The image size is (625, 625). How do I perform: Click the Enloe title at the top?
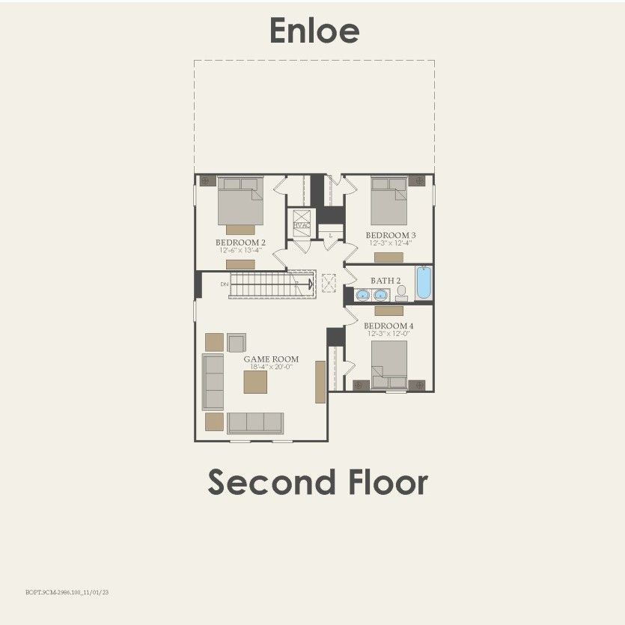click(x=314, y=31)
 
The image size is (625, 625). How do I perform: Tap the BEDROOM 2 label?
click(x=240, y=243)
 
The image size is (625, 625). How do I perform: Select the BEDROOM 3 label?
click(x=391, y=235)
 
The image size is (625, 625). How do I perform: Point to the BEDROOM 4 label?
click(x=388, y=326)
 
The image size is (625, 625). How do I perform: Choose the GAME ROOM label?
click(x=267, y=359)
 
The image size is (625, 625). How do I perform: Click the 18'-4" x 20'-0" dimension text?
click(x=267, y=368)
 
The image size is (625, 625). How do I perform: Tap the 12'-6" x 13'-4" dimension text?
click(x=240, y=251)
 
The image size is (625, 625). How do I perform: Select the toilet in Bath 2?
click(x=402, y=293)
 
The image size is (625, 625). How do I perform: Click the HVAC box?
click(x=302, y=225)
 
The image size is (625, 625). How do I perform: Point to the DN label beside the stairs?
click(x=224, y=284)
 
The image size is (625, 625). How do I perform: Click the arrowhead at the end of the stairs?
click(x=310, y=284)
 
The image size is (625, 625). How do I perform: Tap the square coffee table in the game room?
click(x=254, y=382)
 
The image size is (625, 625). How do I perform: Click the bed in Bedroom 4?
click(x=390, y=363)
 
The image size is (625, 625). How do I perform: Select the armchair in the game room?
click(x=237, y=343)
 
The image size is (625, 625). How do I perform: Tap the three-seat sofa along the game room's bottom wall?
click(x=254, y=423)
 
